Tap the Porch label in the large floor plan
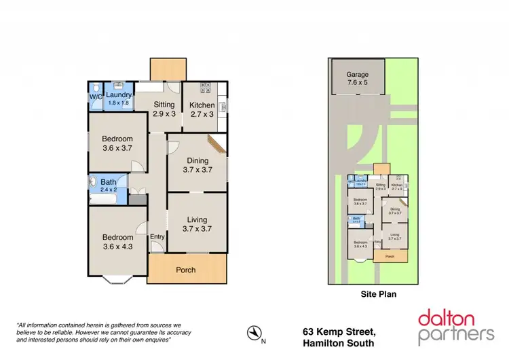185,270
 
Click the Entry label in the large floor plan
157,236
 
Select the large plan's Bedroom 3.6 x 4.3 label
117,242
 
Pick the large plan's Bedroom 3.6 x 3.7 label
117,144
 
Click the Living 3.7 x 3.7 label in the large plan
197,224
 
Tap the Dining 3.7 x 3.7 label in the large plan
197,165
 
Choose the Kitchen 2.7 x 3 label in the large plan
202,109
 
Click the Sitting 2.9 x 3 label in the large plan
164,109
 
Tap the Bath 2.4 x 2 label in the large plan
109,185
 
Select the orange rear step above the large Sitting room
168,69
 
